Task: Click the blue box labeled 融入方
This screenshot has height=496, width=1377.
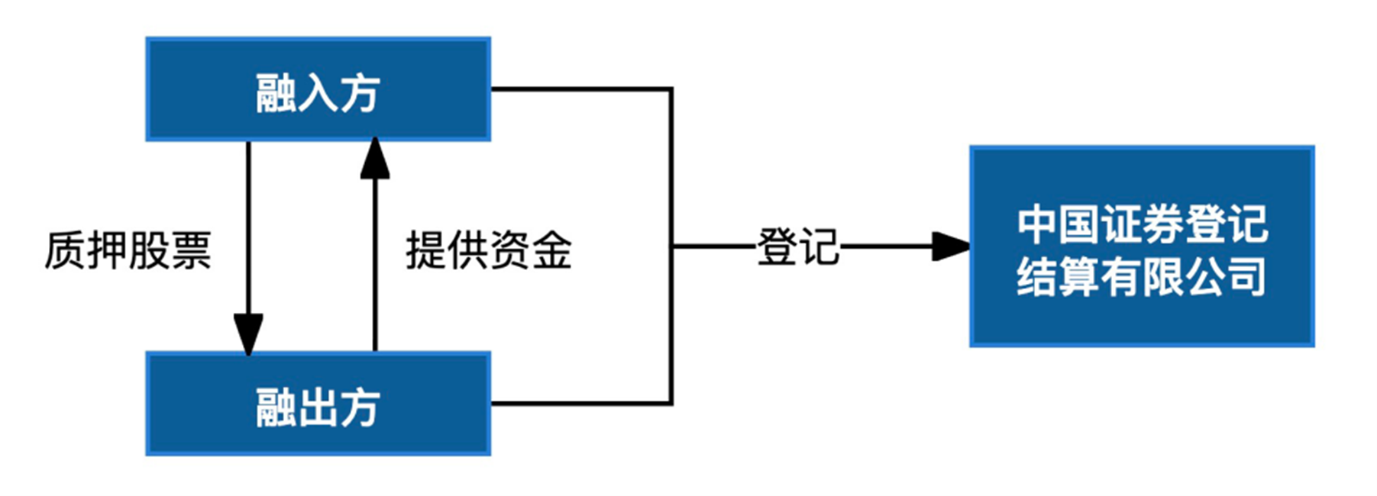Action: coord(318,89)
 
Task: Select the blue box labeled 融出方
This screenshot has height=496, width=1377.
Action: coord(318,404)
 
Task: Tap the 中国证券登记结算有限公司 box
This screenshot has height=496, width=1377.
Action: coord(1142,246)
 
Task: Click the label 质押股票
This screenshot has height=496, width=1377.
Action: coord(128,250)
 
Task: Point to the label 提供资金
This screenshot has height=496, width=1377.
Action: coord(489,250)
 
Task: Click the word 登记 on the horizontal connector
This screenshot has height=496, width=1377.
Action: coord(797,247)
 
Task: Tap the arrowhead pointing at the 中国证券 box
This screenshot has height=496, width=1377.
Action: coord(951,246)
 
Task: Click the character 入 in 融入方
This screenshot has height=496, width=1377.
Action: coord(318,94)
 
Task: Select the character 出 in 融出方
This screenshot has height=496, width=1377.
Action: coord(318,407)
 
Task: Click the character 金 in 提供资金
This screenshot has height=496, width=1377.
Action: coord(552,250)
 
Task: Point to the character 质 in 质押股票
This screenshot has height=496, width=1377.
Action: coord(65,250)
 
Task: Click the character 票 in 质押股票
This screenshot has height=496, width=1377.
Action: coord(191,250)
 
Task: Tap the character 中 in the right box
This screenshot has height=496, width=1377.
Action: coord(1037,223)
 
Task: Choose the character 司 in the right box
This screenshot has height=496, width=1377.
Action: coord(1246,276)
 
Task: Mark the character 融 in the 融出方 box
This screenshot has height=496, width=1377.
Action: coord(276,407)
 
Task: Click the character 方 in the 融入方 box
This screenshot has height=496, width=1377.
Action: coord(360,94)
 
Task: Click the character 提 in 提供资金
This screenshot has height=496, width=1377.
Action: coord(426,250)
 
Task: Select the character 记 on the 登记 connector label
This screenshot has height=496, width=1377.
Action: coord(819,247)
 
